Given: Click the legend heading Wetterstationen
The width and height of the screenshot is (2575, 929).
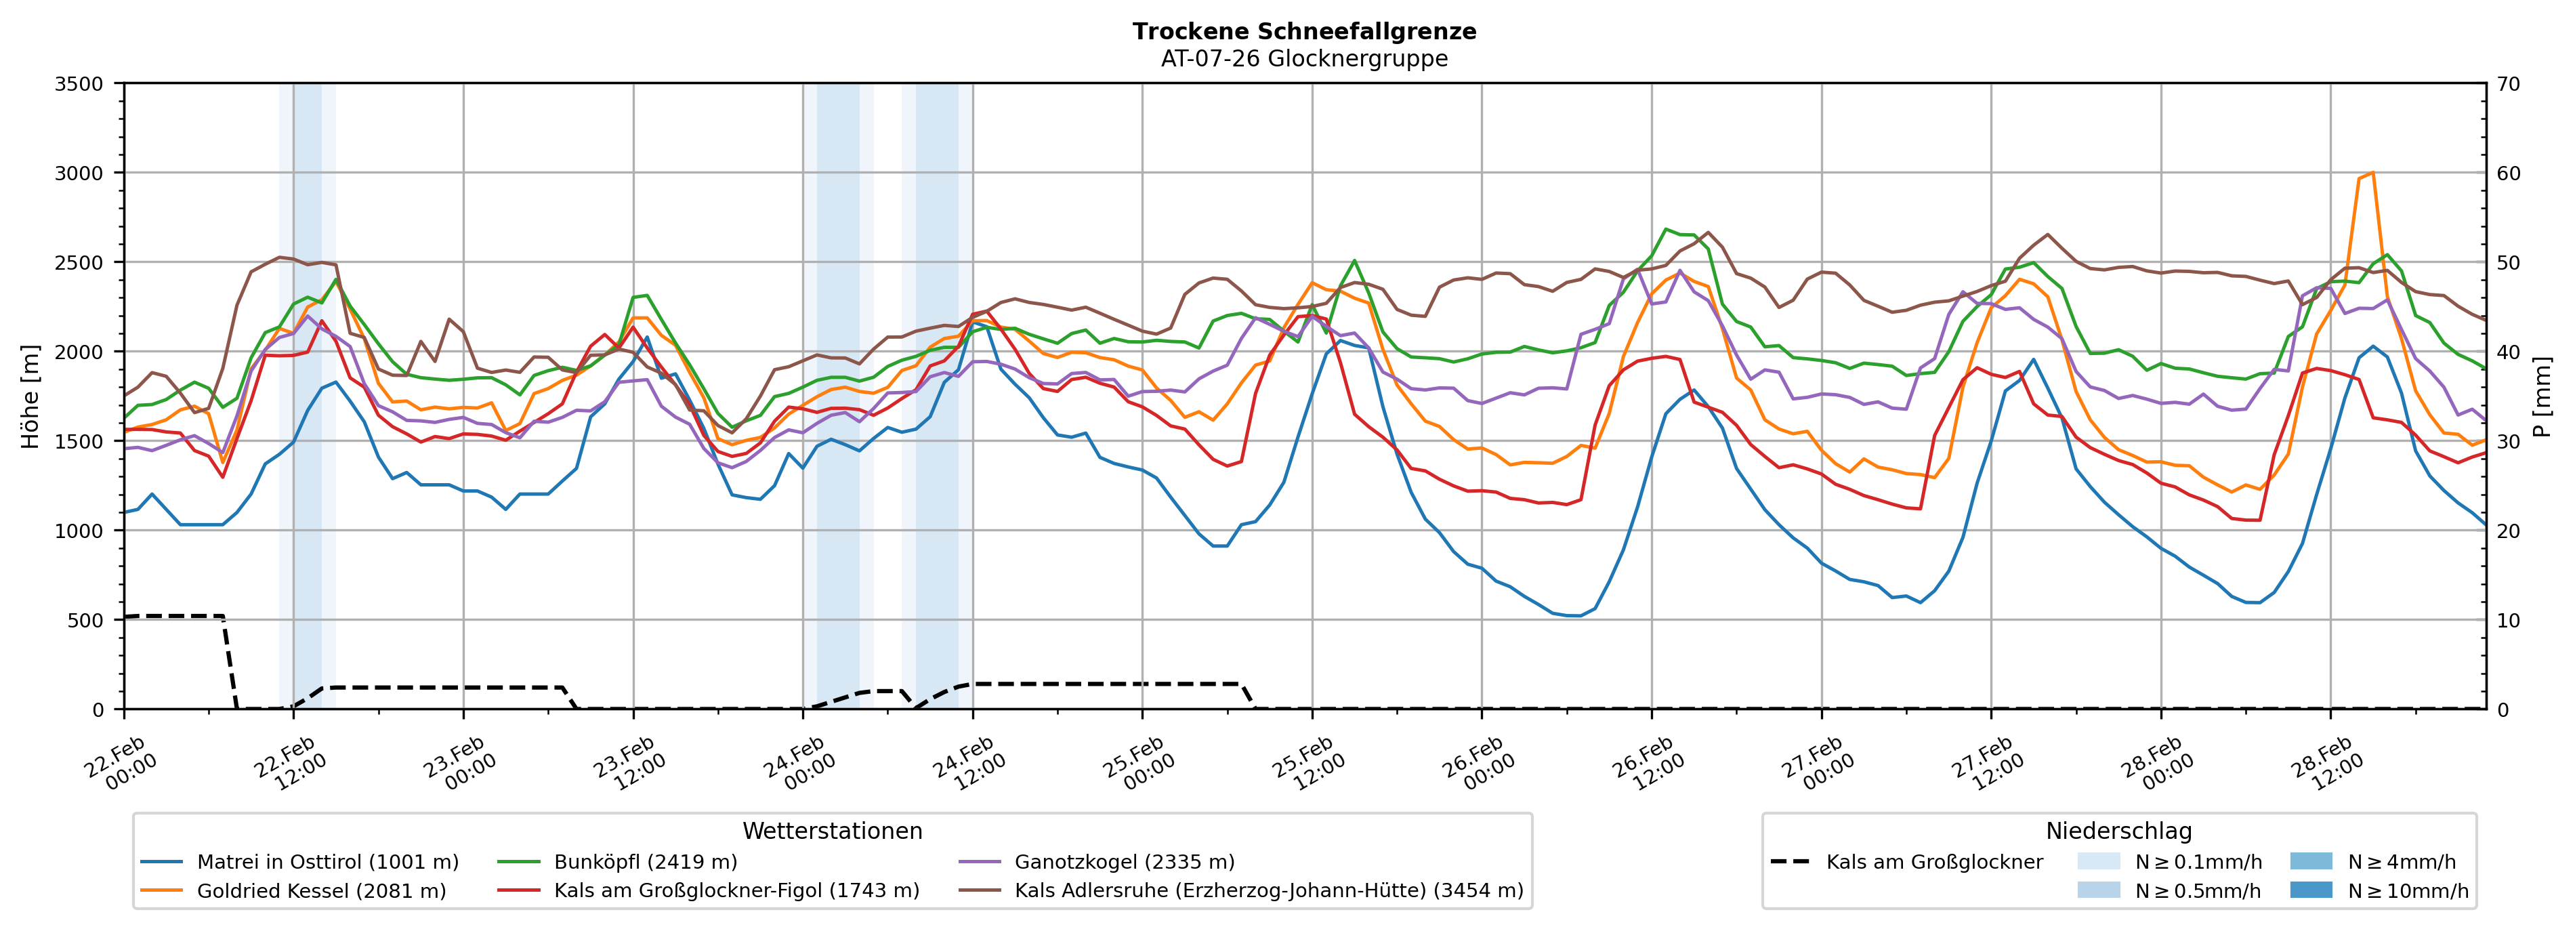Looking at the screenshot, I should (832, 831).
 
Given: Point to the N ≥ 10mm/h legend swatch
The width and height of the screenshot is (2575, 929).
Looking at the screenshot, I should (2310, 890).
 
